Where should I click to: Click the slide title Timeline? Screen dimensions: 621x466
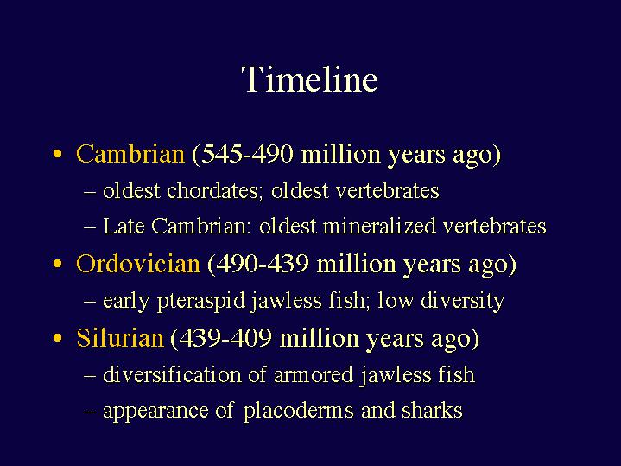pos(310,80)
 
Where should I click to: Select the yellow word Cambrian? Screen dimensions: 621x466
pos(130,154)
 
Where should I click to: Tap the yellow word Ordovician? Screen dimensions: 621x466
pos(138,264)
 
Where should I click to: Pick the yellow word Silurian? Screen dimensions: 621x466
pos(120,338)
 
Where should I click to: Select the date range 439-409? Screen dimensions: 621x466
pos(225,338)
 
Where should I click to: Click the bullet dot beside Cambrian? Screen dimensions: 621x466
pos(58,154)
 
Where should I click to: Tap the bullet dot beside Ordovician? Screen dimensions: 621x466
pos(58,264)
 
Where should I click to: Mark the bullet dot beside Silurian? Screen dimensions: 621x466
pos(58,338)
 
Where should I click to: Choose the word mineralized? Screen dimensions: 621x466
pos(379,226)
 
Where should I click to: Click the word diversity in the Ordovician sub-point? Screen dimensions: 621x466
pos(462,302)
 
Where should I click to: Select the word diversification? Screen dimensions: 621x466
pos(172,374)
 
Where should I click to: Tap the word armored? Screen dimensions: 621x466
pos(314,374)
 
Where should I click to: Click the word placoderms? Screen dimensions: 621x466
pos(298,411)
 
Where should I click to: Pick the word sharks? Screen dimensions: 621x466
pos(432,410)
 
